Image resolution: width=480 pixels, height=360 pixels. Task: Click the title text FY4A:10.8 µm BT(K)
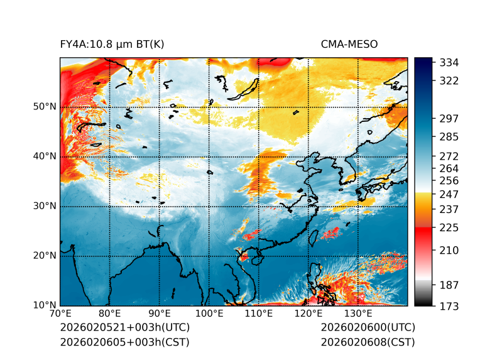(x=112, y=44)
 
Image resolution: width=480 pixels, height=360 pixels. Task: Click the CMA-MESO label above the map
(x=349, y=44)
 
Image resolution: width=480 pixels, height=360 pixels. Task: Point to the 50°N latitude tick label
(x=45, y=107)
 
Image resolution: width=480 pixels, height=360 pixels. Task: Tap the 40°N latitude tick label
(x=45, y=156)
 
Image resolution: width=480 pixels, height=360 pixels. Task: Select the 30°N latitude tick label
(x=45, y=206)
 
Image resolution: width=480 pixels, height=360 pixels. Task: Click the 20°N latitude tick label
(x=45, y=256)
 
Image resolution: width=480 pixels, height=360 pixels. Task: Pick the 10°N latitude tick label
(x=45, y=305)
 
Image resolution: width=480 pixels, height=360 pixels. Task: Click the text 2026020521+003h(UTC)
(x=124, y=328)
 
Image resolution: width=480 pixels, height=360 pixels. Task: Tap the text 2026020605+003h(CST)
(x=124, y=342)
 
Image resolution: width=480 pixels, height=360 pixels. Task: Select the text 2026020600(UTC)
(x=368, y=328)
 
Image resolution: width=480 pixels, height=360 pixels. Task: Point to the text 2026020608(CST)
(x=368, y=342)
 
